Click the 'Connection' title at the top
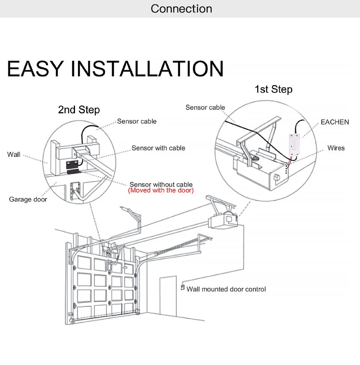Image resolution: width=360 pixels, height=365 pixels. click(x=181, y=9)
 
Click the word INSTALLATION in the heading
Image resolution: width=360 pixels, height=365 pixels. click(x=147, y=69)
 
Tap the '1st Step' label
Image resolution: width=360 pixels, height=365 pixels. click(x=273, y=89)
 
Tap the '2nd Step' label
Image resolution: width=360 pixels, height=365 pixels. click(x=79, y=110)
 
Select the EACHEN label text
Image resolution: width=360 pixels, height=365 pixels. click(x=334, y=122)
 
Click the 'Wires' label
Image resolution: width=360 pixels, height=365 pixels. click(x=336, y=148)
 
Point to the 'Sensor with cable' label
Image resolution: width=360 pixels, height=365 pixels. click(x=158, y=148)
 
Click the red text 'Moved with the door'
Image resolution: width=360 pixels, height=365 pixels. click(x=161, y=191)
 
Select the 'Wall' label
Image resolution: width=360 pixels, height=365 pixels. click(x=14, y=154)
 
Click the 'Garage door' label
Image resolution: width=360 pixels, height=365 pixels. click(x=28, y=199)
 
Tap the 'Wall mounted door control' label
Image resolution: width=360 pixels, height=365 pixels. click(x=226, y=289)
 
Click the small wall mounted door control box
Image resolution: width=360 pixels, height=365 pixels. click(x=183, y=288)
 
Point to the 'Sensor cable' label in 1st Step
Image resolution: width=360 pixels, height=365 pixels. click(x=205, y=108)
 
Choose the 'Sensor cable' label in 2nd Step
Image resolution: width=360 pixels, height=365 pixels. click(x=136, y=121)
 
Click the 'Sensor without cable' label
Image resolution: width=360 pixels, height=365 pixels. click(x=161, y=184)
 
